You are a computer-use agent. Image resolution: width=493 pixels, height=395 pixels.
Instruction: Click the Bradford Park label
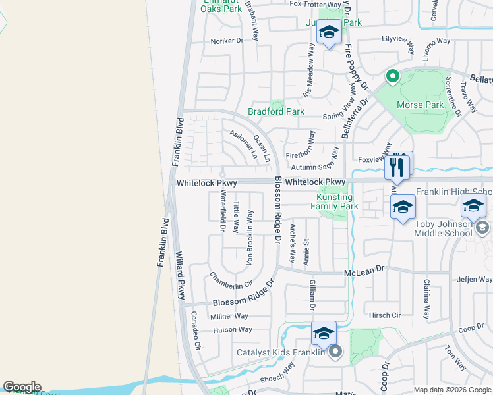276,112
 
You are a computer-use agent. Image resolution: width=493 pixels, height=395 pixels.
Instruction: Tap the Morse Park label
420,105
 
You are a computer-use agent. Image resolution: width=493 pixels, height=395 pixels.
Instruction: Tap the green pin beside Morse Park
392,77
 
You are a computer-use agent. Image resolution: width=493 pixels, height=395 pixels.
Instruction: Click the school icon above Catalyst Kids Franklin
324,333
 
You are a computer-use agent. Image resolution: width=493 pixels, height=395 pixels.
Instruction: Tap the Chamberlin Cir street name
231,280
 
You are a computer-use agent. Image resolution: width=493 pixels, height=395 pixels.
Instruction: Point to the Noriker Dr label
227,41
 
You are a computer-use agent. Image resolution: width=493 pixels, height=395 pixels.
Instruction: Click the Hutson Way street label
232,330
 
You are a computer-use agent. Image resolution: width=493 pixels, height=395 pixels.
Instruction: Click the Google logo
22,387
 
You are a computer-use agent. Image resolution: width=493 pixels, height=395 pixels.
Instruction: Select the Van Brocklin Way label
250,238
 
